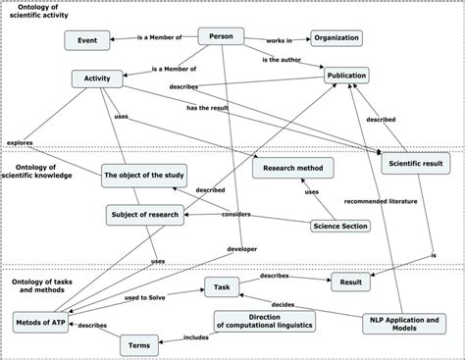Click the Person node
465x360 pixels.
(222, 36)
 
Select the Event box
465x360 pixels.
(85, 40)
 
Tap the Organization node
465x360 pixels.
(336, 39)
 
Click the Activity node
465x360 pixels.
(97, 78)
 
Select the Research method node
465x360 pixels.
(292, 168)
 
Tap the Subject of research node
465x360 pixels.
(145, 212)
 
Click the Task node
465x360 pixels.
(222, 286)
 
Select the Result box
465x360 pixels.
(354, 282)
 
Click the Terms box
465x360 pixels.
(137, 345)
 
